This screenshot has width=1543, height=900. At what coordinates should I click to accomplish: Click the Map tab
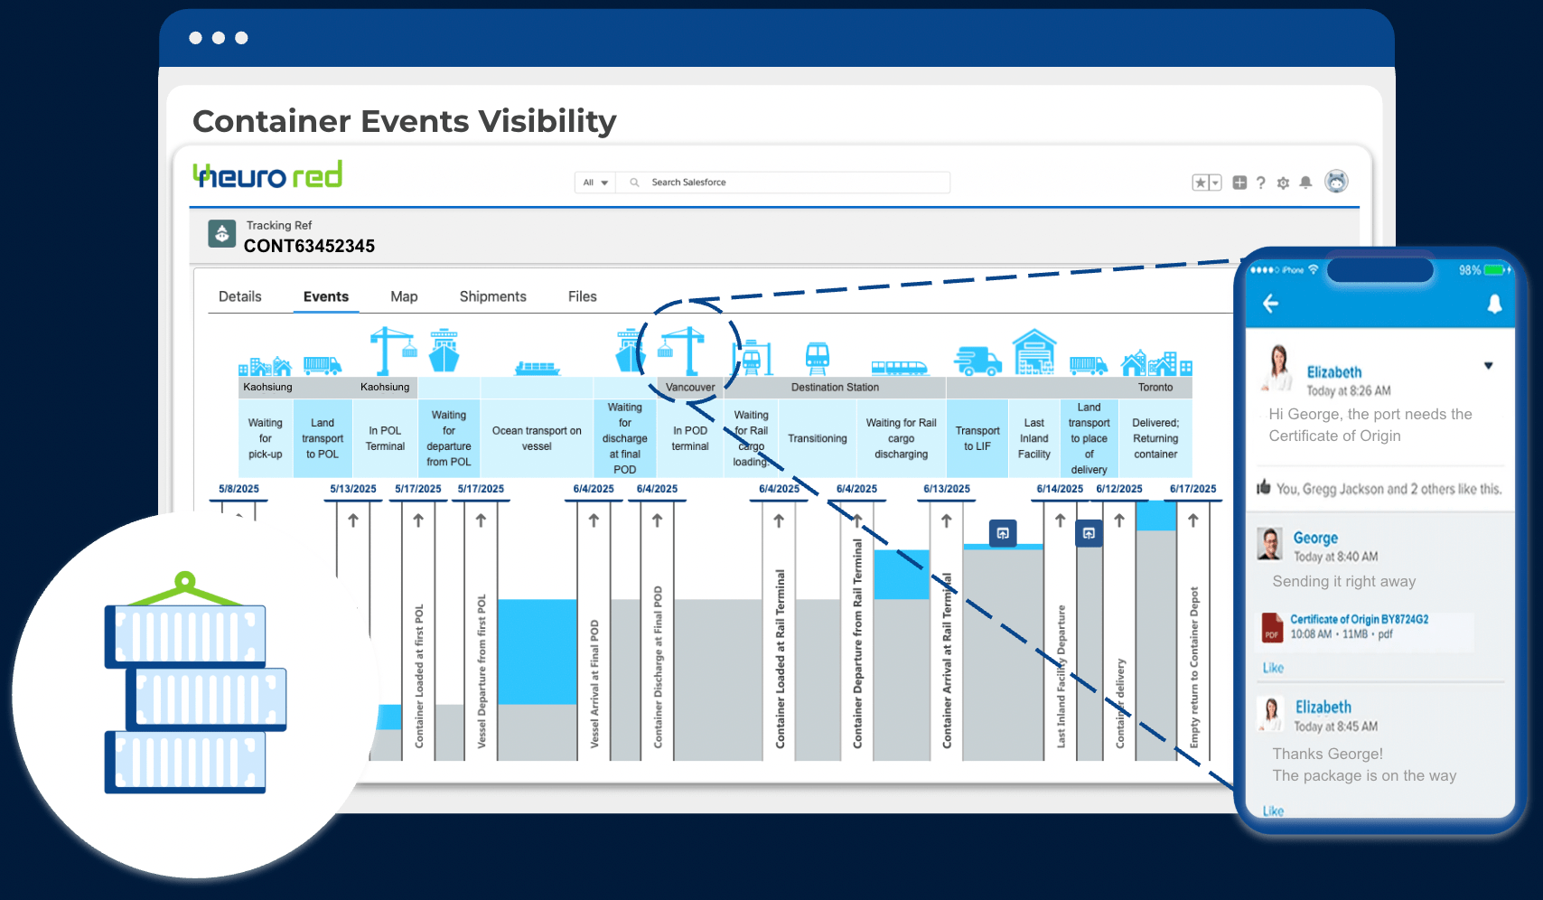404,296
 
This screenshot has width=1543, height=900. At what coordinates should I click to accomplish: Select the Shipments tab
492,296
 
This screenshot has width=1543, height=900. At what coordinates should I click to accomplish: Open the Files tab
582,296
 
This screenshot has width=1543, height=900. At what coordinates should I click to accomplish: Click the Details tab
240,296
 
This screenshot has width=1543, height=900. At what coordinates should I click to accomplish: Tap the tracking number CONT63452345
309,246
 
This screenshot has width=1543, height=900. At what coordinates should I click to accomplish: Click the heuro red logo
267,175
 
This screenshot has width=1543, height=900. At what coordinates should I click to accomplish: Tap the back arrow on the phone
1271,304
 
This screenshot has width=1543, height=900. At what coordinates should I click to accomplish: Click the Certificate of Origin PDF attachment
1358,626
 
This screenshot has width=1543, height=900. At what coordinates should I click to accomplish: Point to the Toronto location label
1155,388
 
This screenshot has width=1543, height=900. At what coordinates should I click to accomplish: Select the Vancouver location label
690,388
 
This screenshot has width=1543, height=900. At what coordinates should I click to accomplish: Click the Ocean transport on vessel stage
537,438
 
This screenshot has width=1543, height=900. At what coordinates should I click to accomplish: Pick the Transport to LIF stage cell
977,438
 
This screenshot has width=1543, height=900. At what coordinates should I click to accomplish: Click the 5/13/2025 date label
352,489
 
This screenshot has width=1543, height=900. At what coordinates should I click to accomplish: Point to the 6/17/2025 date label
1192,489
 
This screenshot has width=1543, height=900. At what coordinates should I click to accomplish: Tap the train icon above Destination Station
817,358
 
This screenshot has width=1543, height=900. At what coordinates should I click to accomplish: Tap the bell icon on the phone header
1494,304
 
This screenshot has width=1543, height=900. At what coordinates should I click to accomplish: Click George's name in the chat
1314,538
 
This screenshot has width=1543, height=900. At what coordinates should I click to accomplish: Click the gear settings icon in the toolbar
1283,183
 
